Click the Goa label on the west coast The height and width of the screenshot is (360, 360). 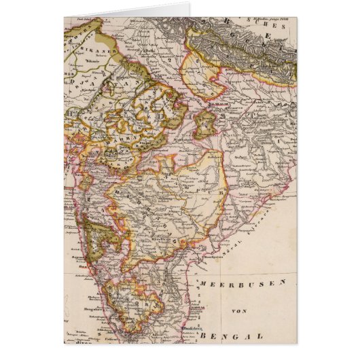tap(80, 253)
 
